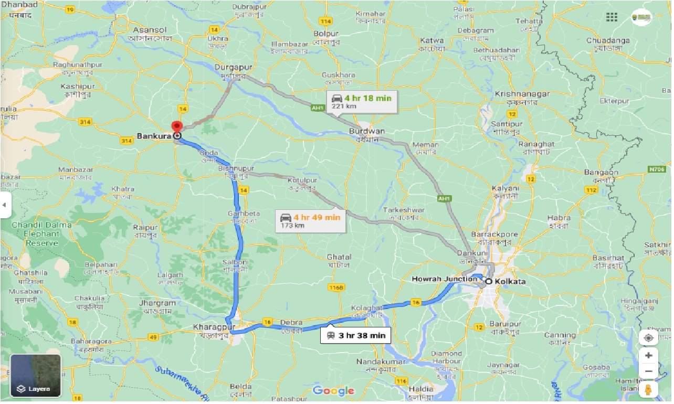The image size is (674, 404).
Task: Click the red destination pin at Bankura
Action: click(176, 126)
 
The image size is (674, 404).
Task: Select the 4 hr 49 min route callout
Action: click(311, 220)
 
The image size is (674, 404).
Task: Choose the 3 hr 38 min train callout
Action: click(355, 336)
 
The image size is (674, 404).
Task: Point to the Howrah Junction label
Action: click(445, 279)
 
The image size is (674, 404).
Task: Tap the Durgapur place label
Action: click(234, 68)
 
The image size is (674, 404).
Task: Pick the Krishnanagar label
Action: click(522, 94)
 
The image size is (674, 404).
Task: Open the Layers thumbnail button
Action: click(36, 376)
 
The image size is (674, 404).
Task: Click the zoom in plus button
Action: click(648, 356)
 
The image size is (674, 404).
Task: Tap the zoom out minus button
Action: click(648, 371)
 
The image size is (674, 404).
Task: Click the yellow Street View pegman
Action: click(648, 390)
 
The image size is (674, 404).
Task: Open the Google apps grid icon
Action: click(612, 17)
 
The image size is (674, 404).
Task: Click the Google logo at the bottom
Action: click(333, 391)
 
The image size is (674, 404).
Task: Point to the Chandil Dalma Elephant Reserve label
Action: click(43, 234)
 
